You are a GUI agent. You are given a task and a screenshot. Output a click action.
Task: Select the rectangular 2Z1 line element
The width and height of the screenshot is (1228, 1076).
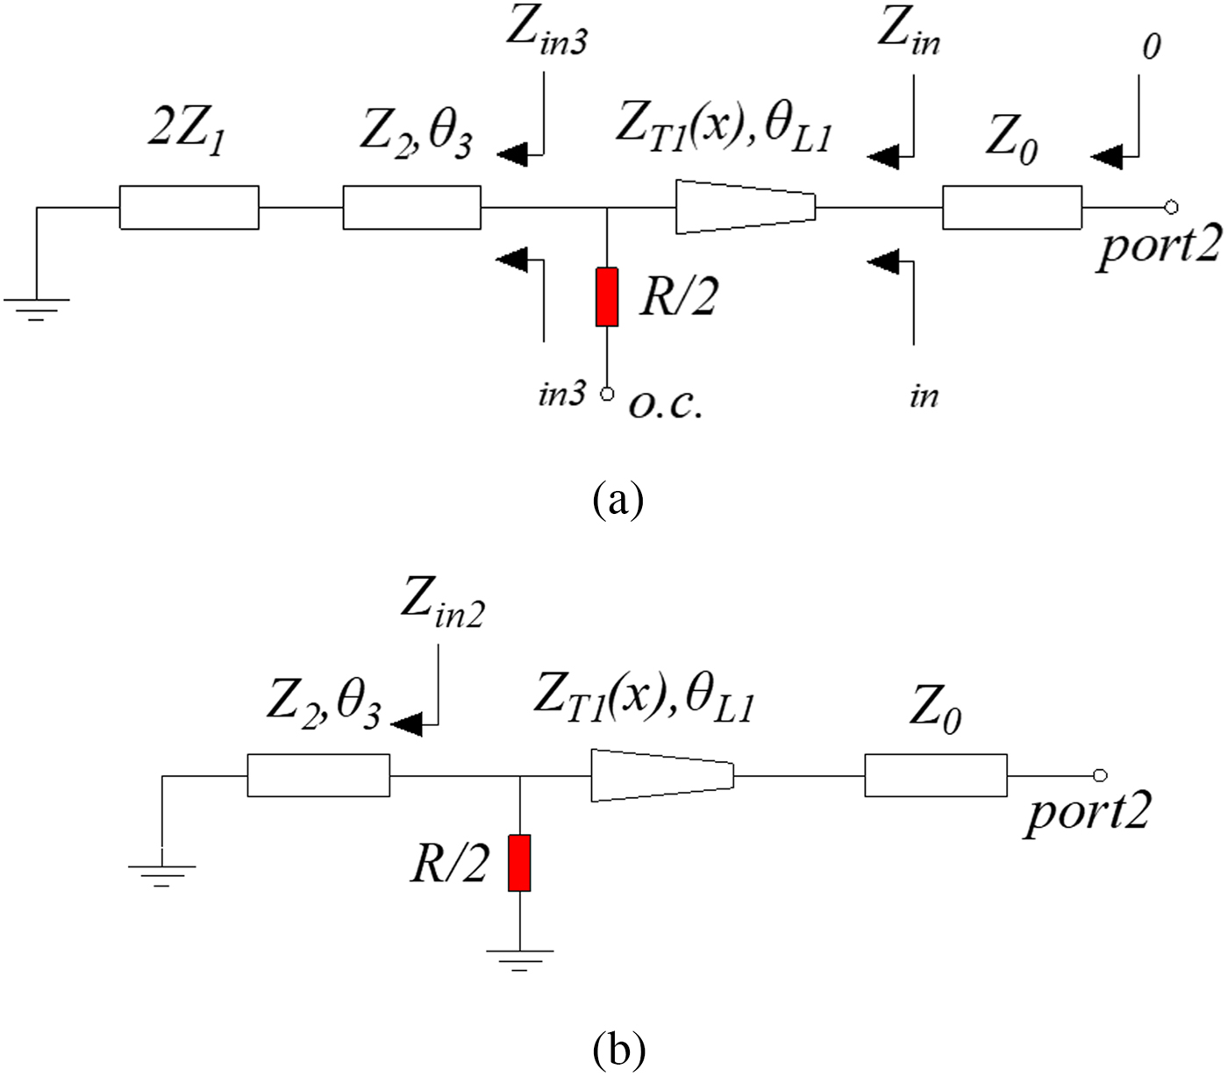(189, 208)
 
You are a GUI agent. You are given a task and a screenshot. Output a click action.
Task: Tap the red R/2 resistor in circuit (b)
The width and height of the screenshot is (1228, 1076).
(520, 863)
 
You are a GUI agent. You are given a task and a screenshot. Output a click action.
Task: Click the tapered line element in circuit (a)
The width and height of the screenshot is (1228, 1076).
(746, 208)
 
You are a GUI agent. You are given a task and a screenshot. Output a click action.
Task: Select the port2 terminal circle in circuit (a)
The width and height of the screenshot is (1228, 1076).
(1170, 208)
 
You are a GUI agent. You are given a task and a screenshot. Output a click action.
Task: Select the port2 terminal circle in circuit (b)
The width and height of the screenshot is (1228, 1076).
(1100, 775)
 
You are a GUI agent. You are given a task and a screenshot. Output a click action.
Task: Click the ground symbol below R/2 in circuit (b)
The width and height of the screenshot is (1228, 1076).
(520, 958)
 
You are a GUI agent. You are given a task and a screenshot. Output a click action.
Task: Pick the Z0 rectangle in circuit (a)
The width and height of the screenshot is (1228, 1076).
(1011, 208)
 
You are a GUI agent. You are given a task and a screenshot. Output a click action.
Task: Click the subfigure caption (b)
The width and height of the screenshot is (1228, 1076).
(619, 1048)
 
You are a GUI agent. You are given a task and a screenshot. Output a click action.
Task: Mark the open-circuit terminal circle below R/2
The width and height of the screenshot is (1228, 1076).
(606, 394)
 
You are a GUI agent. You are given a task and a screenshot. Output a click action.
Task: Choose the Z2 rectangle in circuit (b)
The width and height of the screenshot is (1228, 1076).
(318, 775)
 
